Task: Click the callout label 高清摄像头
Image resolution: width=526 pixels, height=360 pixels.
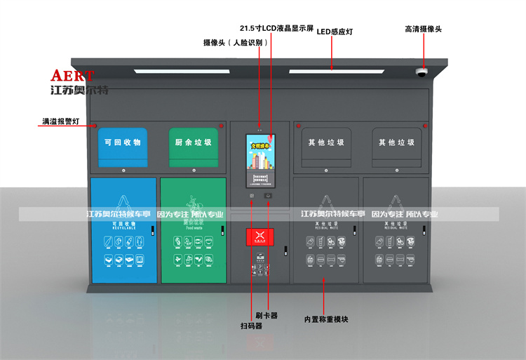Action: click(423, 29)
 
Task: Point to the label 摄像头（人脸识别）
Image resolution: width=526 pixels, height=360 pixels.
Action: click(236, 43)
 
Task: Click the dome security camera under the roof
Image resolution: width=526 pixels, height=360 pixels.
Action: click(422, 72)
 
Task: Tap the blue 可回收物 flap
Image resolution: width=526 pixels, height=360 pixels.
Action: click(123, 142)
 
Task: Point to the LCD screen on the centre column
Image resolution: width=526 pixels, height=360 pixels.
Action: click(260, 161)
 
